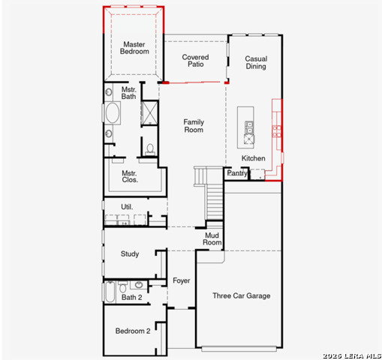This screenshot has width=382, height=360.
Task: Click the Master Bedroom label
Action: (x=134, y=48)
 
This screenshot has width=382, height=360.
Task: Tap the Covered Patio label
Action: (x=195, y=61)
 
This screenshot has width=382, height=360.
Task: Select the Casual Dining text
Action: (x=256, y=62)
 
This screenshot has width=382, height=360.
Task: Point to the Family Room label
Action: (x=194, y=126)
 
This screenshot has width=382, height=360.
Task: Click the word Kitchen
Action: (x=253, y=158)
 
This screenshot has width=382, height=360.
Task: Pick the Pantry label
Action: (x=237, y=172)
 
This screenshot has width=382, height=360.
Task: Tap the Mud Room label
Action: (x=212, y=238)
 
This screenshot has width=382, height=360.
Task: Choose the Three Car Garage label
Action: (x=242, y=295)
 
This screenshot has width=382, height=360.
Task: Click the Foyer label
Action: (x=182, y=280)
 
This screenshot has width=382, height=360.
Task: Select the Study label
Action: (x=130, y=253)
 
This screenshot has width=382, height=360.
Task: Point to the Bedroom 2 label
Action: (x=133, y=331)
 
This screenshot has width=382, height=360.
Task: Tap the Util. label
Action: (x=127, y=207)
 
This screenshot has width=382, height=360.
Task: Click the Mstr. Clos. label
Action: (x=130, y=176)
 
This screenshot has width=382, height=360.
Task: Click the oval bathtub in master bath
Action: (x=113, y=113)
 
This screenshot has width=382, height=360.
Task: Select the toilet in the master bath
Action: (x=150, y=149)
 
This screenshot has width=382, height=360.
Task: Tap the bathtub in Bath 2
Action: (x=110, y=292)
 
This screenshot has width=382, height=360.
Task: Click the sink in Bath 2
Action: (x=139, y=285)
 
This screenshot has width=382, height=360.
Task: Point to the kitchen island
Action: (x=245, y=127)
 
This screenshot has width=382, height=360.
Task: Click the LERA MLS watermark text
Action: (x=352, y=356)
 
